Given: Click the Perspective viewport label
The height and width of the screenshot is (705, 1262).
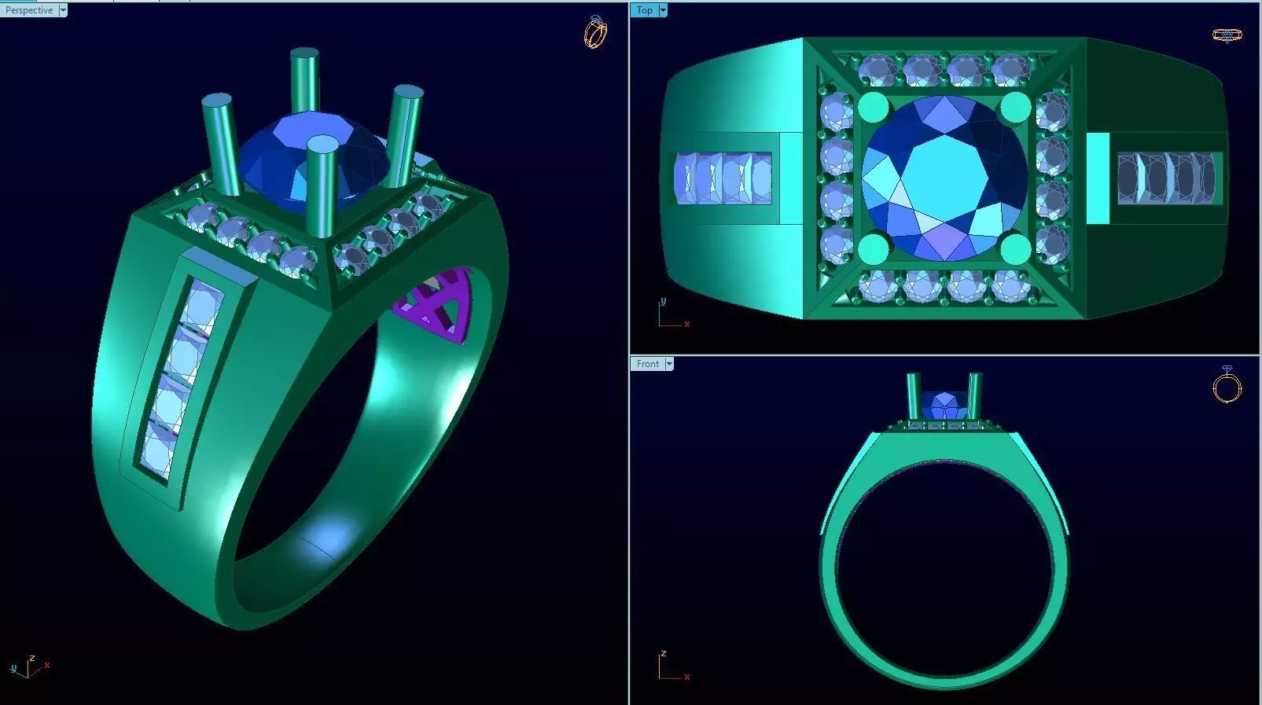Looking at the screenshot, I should pos(29,10).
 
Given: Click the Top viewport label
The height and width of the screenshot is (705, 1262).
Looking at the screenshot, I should pos(644,10).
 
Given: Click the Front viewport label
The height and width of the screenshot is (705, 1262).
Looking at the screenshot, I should pos(648,364).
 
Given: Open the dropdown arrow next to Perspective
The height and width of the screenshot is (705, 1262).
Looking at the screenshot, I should pos(63,10).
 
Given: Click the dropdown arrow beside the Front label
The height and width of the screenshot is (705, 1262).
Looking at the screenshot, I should pos(669,364).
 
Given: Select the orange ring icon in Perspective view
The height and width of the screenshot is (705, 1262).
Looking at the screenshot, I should pos(595,32).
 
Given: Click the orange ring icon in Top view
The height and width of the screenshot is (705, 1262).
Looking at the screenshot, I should pos(1227,35).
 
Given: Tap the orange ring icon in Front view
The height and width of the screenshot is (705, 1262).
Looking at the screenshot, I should pos(1227,386).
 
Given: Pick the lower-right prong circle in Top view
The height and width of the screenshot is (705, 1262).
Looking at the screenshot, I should pos(1015,248).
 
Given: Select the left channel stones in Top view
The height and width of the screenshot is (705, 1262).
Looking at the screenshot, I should pos(723,178).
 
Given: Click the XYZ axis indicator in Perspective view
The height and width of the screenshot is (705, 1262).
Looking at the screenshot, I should pos(28,667).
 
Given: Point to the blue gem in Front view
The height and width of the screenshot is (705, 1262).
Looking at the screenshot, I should pos(944,406).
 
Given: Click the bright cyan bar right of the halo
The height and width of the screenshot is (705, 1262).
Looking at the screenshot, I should pos(1098,178).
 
